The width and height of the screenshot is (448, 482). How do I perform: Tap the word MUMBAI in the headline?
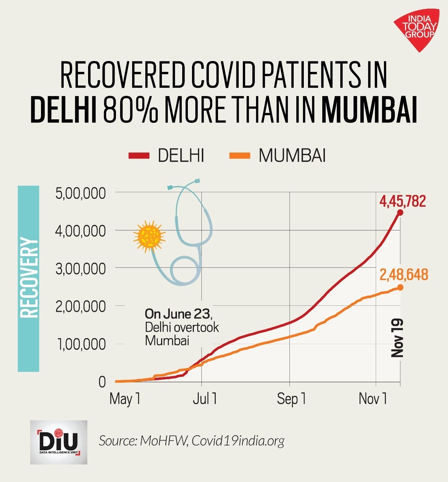(369, 109)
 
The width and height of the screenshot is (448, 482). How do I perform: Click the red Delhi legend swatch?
(139, 155)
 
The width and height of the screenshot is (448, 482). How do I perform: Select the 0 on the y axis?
(102, 382)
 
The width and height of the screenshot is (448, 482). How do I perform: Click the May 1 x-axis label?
(125, 399)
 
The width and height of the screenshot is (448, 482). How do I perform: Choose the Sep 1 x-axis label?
(291, 399)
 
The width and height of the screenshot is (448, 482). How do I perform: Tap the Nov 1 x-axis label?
(373, 399)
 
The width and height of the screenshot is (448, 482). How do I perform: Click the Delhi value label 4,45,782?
(402, 201)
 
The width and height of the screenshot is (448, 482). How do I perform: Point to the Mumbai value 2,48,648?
(404, 275)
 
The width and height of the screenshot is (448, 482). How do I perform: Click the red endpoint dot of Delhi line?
(400, 212)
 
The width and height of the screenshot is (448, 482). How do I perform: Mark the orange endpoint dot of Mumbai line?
(400, 287)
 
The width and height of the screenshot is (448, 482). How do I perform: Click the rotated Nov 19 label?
(397, 338)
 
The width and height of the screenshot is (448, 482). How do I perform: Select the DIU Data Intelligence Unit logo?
(58, 442)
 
